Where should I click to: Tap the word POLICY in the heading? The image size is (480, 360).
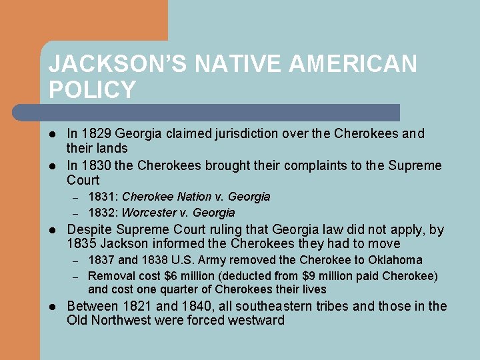[x=92, y=89]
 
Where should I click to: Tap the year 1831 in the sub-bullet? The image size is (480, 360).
[x=101, y=197]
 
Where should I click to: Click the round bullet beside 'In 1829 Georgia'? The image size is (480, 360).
[x=52, y=134]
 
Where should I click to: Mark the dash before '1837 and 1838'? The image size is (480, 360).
[x=76, y=261]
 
